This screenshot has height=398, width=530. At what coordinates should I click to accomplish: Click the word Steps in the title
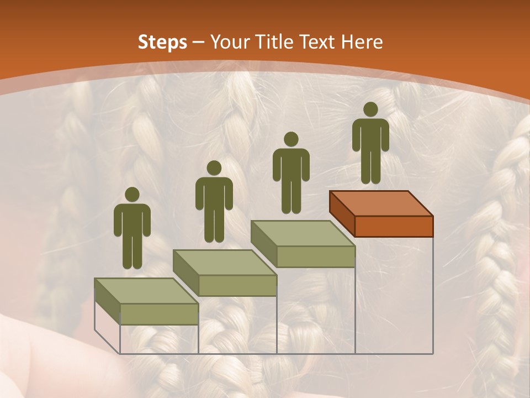click(x=162, y=42)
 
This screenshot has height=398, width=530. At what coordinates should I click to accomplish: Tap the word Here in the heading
click(x=362, y=42)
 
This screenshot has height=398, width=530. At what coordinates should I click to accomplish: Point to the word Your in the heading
click(x=228, y=42)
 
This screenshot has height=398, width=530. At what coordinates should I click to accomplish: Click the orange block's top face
click(x=381, y=203)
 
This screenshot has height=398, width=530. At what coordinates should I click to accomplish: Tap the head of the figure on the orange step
click(x=370, y=109)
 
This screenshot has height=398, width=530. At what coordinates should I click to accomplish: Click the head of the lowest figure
click(x=132, y=195)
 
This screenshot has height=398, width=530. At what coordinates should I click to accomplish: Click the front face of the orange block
click(x=394, y=226)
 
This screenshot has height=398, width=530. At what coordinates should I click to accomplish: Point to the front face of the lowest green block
click(x=159, y=314)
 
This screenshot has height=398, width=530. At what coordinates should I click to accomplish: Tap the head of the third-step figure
click(x=291, y=139)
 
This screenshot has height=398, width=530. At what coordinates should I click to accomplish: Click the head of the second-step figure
click(x=214, y=168)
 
